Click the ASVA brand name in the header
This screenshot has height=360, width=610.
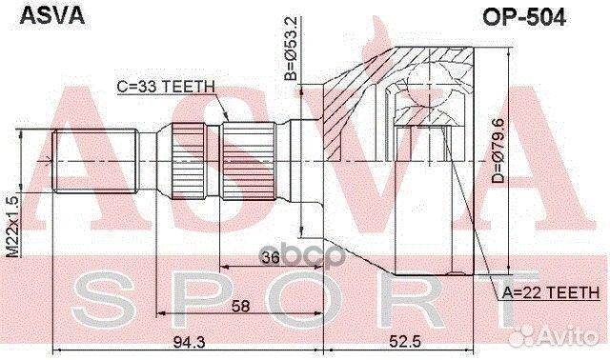pyautogui.click(x=52, y=16)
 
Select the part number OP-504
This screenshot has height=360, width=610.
pyautogui.click(x=524, y=17)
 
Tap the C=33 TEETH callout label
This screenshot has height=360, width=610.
pyautogui.click(x=166, y=87)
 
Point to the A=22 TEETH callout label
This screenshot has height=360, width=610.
pyautogui.click(x=551, y=292)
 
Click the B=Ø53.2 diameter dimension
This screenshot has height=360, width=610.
pyautogui.click(x=291, y=49)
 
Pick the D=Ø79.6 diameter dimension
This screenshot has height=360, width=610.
pyautogui.click(x=498, y=150)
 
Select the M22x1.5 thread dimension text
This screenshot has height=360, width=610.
pyautogui.click(x=12, y=227)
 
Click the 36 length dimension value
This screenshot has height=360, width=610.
pyautogui.click(x=271, y=257)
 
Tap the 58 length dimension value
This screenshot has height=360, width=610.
pyautogui.click(x=240, y=306)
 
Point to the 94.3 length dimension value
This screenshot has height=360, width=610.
pyautogui.click(x=189, y=342)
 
